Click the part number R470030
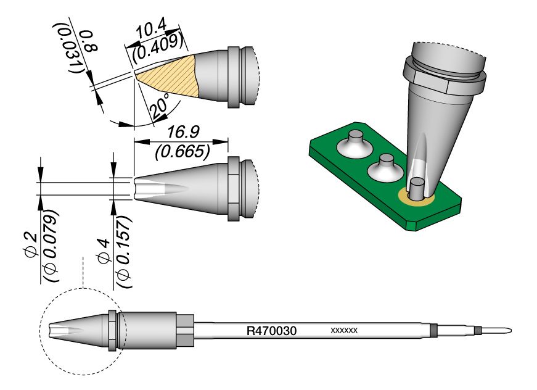tap(272, 331)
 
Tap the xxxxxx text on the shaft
tap(345, 331)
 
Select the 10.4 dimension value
tap(150, 31)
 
